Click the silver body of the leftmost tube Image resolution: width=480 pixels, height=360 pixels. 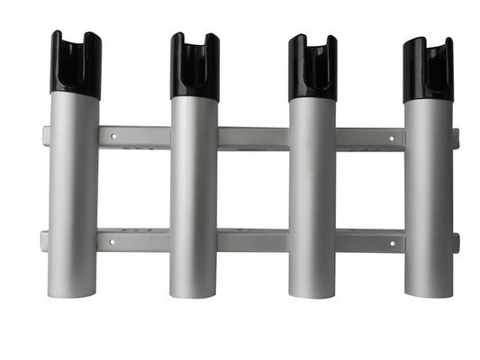(74, 189)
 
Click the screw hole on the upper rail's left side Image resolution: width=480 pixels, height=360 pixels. (113, 138)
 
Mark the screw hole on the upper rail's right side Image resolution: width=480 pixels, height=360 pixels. (391, 139)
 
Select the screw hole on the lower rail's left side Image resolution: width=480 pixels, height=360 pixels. (113, 241)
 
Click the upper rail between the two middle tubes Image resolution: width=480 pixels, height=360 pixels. (253, 138)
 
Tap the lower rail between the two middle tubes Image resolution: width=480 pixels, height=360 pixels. (253, 240)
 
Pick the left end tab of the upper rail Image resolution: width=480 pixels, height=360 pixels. (46, 136)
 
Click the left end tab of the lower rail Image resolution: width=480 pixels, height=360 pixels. (44, 240)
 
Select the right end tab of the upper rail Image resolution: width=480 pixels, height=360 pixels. (456, 138)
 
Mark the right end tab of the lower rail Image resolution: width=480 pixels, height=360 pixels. (456, 241)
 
